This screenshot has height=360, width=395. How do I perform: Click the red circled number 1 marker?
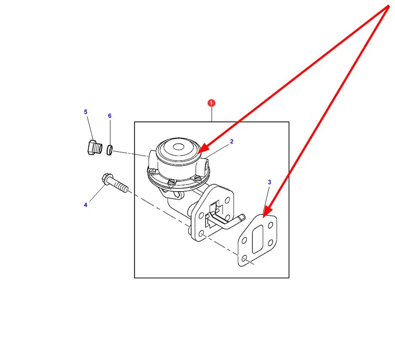coord(211,103)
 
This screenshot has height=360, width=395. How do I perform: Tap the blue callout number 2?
coord(231,141)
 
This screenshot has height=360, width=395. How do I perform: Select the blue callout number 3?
coord(269,182)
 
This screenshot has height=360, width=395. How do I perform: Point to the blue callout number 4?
coord(85,205)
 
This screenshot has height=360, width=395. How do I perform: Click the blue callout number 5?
coord(85,112)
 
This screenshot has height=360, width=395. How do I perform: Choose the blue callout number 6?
coord(109,116)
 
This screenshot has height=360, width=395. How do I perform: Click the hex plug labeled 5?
coord(95,147)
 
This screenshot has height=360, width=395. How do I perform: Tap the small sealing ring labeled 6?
coord(109,150)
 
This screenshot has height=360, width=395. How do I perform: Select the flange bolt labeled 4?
coord(115,183)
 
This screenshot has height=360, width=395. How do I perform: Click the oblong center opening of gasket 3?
coord(258,239)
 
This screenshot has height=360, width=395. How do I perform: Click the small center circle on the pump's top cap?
coord(179,147)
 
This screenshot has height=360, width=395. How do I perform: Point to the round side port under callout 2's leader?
coord(207,165)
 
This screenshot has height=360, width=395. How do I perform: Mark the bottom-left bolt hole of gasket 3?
coord(244,259)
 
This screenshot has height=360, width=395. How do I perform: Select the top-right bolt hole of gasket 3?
coord(270,225)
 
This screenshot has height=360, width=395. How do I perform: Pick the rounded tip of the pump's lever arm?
coord(242,217)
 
